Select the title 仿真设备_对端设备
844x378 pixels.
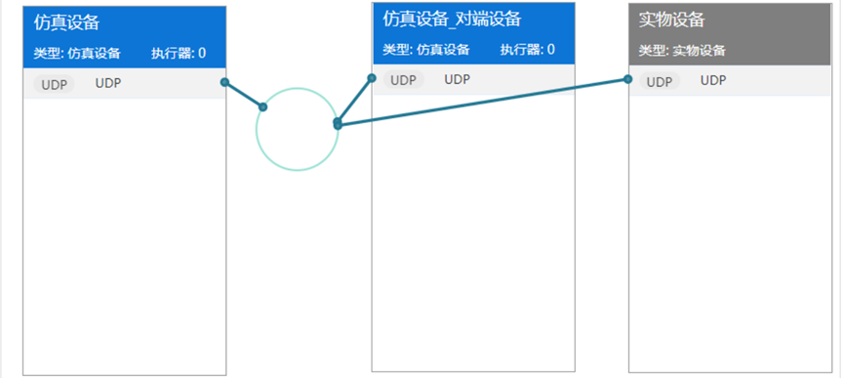pos(438,20)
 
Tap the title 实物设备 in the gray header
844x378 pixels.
pos(671,20)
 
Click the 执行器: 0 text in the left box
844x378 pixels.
pos(178,53)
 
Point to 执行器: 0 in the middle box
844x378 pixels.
pos(527,49)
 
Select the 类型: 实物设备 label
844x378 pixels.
pos(682,51)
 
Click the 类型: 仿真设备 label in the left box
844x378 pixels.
pos(76,53)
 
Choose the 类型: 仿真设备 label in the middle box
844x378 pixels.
pos(425,49)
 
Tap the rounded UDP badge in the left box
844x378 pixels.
pos(54,84)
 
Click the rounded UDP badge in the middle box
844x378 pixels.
pos(403,80)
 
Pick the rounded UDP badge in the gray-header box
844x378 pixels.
pos(660,82)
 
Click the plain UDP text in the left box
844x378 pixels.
pos(108,84)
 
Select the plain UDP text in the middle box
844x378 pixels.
pos(458,80)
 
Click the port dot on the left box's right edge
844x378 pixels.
pos(225,83)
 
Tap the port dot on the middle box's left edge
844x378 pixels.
pos(372,77)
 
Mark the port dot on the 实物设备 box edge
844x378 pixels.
pos(628,79)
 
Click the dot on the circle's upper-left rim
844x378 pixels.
pos(263,106)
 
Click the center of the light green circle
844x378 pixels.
pos(298,129)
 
